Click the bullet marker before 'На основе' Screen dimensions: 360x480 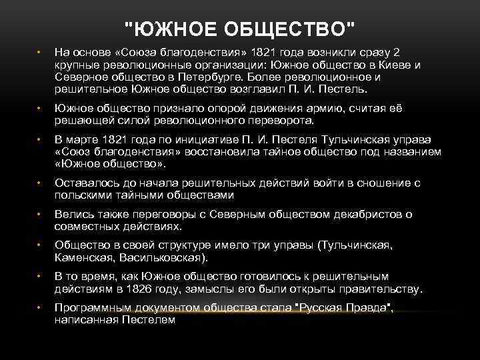(x=39, y=53)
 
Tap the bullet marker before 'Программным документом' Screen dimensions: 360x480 (x=39, y=308)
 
